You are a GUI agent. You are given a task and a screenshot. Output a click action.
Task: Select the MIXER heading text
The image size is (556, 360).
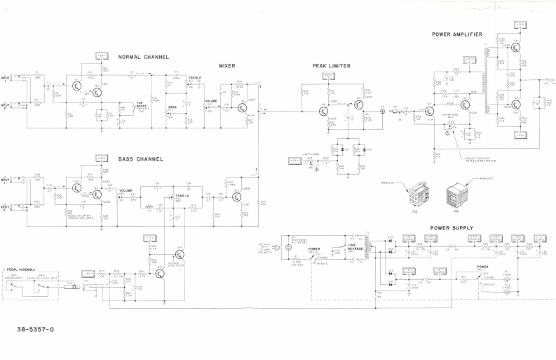226,65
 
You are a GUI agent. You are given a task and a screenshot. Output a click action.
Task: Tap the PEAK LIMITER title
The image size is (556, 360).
332,66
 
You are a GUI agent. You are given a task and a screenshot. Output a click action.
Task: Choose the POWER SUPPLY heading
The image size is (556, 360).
452,228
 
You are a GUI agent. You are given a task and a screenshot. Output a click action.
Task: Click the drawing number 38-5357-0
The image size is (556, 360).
35,328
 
